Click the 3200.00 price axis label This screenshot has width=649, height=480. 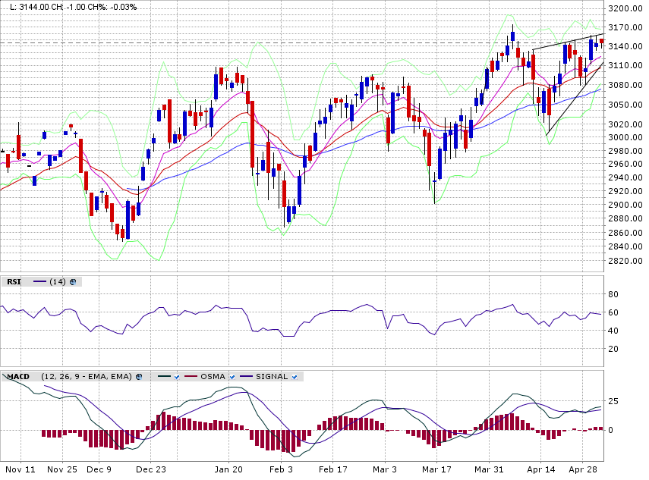click(x=626, y=8)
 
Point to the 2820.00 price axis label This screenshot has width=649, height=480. click(x=626, y=261)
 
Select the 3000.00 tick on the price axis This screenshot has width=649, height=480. click(x=626, y=137)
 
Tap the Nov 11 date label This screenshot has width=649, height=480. click(x=20, y=469)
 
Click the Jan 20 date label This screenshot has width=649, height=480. click(x=228, y=469)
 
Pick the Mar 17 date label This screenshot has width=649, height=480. click(x=438, y=469)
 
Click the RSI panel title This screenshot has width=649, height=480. click(x=14, y=282)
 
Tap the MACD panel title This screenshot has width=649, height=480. click(x=18, y=376)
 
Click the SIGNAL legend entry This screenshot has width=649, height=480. click(x=271, y=376)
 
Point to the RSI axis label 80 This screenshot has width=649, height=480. click(x=613, y=294)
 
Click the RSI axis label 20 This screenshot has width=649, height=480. click(x=613, y=349)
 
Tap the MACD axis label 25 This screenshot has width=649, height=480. click(x=613, y=401)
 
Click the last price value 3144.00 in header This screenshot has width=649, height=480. click(x=29, y=6)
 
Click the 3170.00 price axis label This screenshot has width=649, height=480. click(x=626, y=27)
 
